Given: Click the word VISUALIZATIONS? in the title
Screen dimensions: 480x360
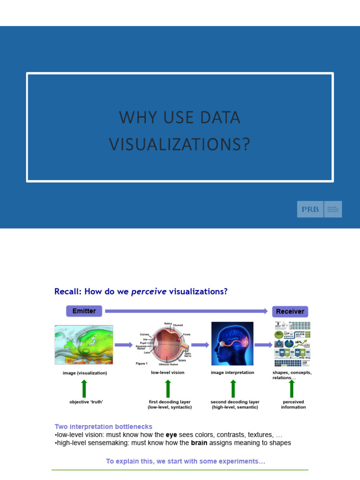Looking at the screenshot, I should pyautogui.click(x=180, y=144).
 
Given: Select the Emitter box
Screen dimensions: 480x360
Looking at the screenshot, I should pyautogui.click(x=84, y=311).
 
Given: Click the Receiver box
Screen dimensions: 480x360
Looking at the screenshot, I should pyautogui.click(x=290, y=311).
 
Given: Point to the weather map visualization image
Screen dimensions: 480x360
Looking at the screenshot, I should pyautogui.click(x=84, y=345).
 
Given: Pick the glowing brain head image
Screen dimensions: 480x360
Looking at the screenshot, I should pyautogui.click(x=232, y=344).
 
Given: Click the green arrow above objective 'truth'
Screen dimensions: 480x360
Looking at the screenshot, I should pyautogui.click(x=84, y=389).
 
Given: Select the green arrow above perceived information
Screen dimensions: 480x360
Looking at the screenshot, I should pyautogui.click(x=292, y=389).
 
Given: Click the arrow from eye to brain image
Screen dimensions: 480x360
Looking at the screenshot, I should pyautogui.click(x=200, y=345).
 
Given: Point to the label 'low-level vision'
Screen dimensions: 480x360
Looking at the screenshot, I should pyautogui.click(x=167, y=373).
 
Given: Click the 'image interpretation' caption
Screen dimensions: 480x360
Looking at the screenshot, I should pyautogui.click(x=232, y=373).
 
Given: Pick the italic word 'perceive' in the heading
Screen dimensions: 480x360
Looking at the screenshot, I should pyautogui.click(x=149, y=292).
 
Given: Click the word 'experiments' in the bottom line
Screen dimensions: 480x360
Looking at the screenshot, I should pyautogui.click(x=241, y=462).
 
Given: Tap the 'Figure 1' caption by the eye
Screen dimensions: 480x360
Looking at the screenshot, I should pyautogui.click(x=141, y=363).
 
